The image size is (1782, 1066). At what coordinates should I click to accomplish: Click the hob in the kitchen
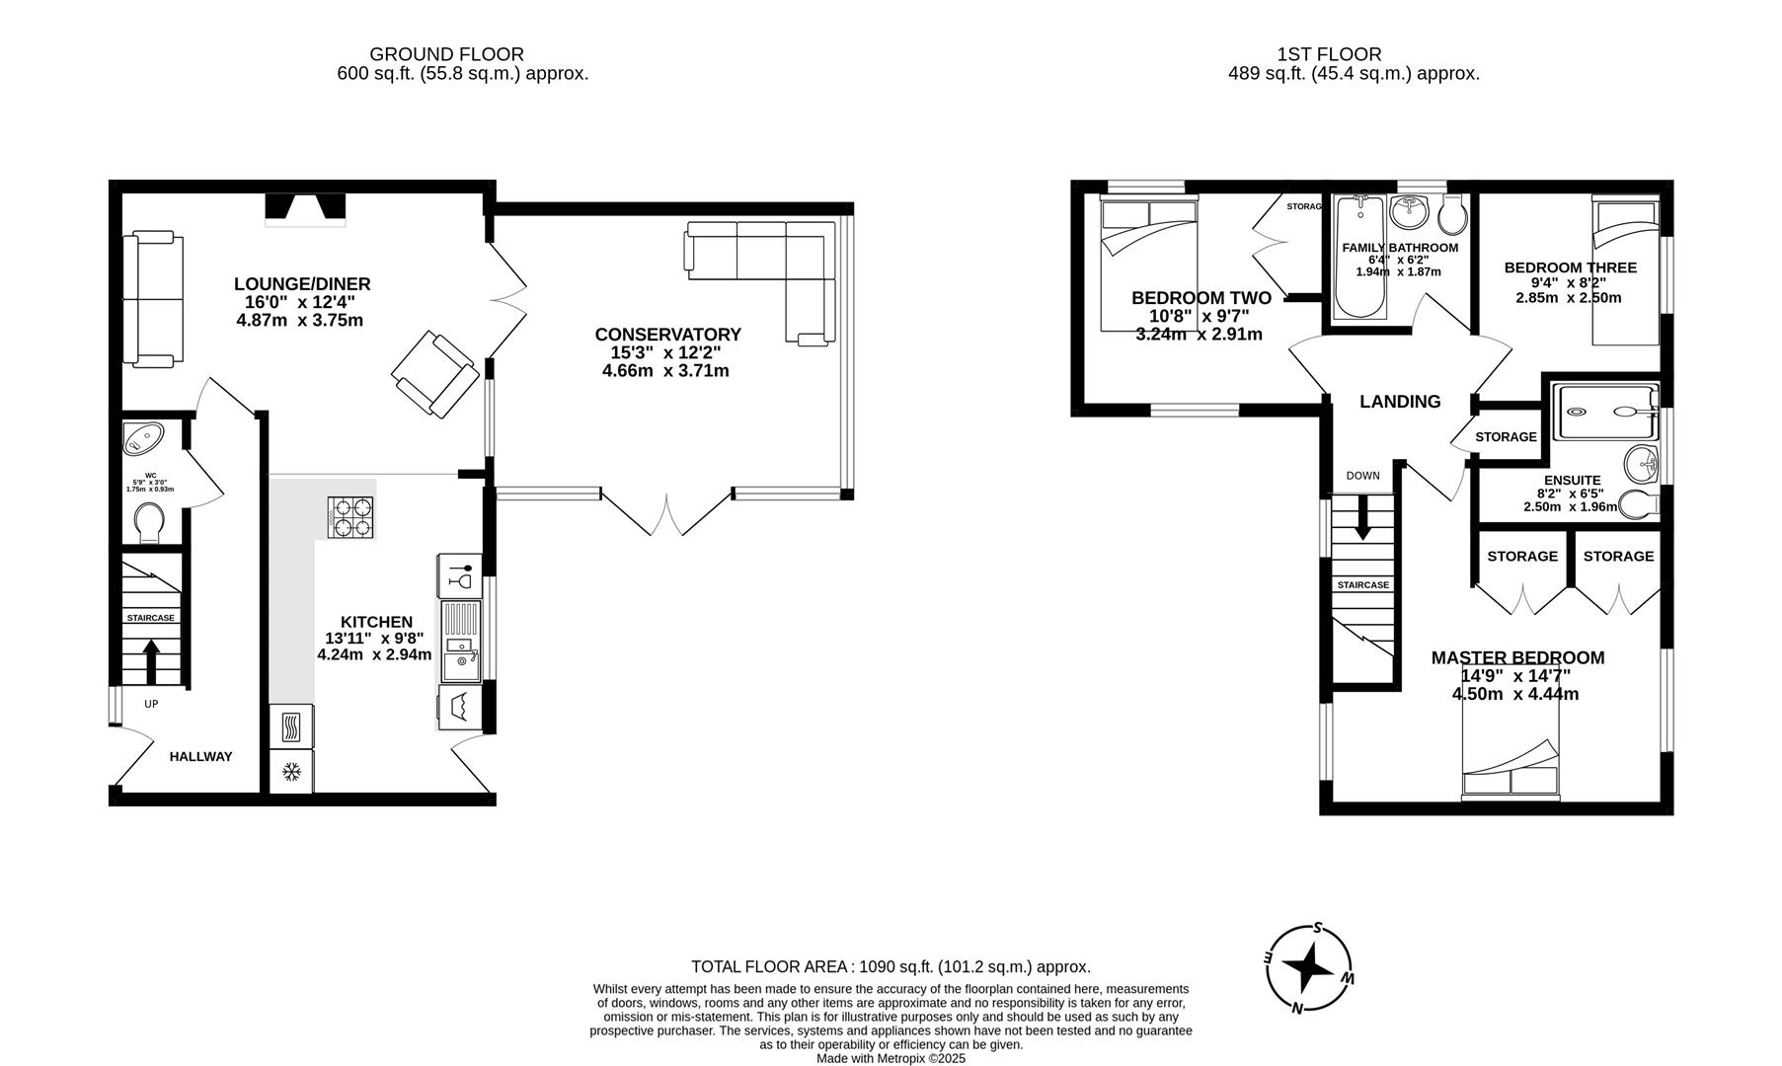(351, 516)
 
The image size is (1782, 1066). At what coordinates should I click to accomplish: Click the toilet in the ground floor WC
(149, 522)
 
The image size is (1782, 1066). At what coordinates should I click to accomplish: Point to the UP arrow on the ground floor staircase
(151, 660)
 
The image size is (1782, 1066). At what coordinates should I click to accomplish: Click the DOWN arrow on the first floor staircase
(1362, 518)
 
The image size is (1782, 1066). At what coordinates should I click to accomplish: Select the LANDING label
(1399, 402)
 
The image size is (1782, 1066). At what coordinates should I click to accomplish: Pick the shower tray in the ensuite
(1604, 413)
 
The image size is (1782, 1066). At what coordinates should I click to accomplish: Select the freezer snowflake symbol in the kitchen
(291, 771)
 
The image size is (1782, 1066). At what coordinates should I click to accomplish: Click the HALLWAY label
(200, 757)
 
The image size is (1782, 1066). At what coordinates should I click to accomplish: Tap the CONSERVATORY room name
(667, 335)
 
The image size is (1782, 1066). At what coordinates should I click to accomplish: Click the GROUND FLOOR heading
(446, 54)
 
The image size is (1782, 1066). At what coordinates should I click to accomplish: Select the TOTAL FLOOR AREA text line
(890, 967)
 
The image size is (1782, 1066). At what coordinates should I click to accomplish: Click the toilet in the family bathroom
(1452, 212)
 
